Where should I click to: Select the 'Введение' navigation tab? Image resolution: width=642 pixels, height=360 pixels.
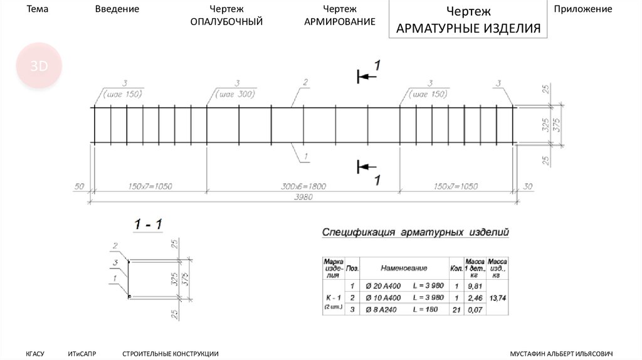pyautogui.click(x=117, y=9)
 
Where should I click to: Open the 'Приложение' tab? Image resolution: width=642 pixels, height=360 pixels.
pyautogui.click(x=582, y=9)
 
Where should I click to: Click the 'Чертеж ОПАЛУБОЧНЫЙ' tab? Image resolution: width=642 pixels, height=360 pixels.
pyautogui.click(x=226, y=16)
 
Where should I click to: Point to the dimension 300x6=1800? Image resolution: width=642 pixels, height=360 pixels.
pyautogui.click(x=303, y=186)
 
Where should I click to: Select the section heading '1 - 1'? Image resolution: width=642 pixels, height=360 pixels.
pyautogui.click(x=148, y=224)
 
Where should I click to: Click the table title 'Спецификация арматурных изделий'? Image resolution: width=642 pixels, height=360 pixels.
pyautogui.click(x=415, y=233)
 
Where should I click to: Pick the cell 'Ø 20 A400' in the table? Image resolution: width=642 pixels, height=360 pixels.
pyautogui.click(x=383, y=285)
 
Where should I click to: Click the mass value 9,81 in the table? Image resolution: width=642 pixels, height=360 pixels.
pyautogui.click(x=474, y=285)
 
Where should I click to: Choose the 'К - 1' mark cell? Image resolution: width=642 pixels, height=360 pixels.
pyautogui.click(x=332, y=297)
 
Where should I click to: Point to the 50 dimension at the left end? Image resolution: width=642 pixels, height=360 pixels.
pyautogui.click(x=79, y=186)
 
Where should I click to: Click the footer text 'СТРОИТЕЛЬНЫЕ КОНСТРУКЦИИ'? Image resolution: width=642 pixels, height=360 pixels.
pyautogui.click(x=171, y=354)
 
